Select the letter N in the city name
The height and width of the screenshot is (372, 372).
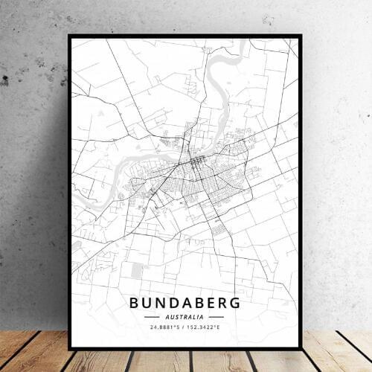[163, 303]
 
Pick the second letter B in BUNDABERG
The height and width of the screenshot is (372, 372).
[203, 303]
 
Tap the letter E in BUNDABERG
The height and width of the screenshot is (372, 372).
[215, 303]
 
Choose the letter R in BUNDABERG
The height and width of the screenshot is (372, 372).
[227, 303]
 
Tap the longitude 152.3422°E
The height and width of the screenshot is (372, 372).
[208, 326]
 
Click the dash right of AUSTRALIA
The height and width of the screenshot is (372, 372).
[217, 315]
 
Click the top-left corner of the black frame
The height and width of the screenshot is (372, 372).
[70, 35]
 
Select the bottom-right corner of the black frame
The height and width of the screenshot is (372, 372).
[301, 348]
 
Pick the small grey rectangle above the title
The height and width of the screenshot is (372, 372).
[135, 272]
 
